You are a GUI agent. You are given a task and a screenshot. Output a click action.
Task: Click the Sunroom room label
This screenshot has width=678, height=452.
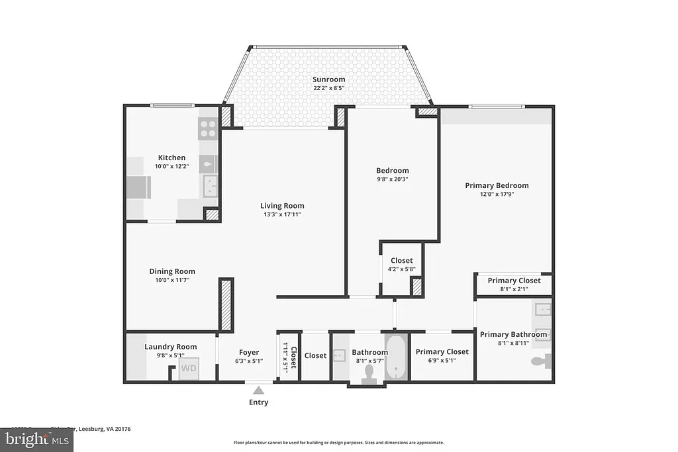pos(329,79)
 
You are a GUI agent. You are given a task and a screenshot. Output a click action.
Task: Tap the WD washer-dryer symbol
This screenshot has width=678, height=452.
pos(189,368)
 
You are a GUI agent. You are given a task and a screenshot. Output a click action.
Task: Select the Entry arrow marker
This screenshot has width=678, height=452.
pos(258,390)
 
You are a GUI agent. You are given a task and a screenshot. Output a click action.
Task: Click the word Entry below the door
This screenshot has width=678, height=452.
pos(258,402)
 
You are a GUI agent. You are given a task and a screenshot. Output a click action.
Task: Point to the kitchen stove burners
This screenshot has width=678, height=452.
pos(209,128)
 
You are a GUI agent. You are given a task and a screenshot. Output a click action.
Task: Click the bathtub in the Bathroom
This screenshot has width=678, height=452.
pos(396,357)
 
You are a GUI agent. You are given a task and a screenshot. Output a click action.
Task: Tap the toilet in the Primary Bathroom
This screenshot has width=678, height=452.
pos(542,361)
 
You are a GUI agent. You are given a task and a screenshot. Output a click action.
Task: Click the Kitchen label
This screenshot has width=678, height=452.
pos(171,158)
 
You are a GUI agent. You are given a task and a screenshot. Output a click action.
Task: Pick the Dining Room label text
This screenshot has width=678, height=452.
pos(171,271)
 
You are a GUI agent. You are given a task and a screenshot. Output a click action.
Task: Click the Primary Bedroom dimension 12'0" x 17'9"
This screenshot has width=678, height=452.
pos(497,194)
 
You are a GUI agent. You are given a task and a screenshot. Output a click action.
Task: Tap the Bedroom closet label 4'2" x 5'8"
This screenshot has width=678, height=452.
pos(401,269)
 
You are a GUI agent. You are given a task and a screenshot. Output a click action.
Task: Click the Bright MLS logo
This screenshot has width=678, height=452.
pos(36,439)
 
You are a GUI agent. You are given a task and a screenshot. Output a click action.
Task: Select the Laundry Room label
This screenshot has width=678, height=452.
pos(171,347)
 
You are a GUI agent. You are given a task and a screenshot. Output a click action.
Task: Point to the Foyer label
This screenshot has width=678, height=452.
pos(249,353)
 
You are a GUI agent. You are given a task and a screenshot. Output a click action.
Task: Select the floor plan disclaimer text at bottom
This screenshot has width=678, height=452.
pos(338,443)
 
